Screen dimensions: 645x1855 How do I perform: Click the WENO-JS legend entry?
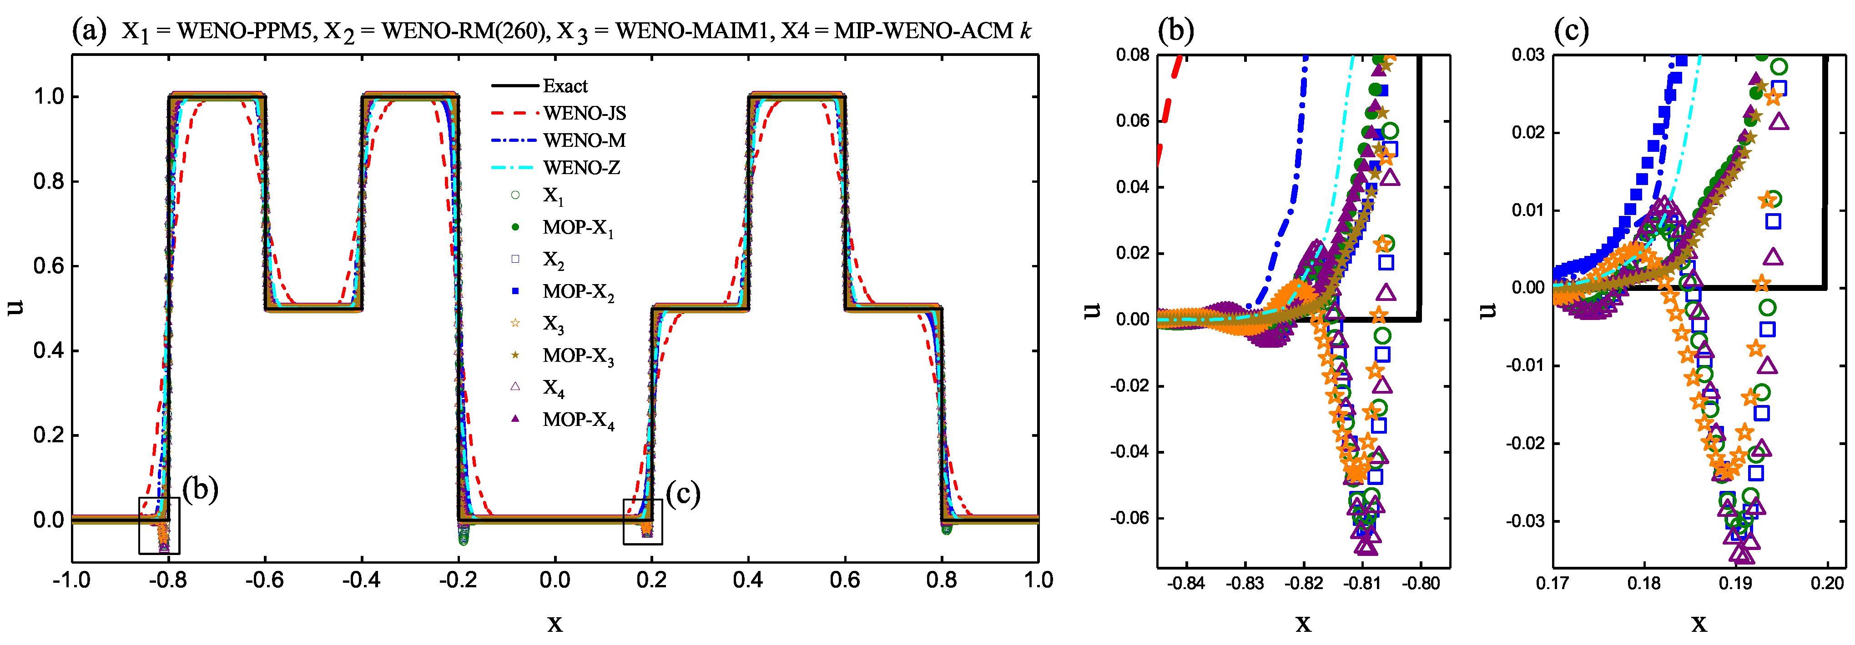(x=584, y=113)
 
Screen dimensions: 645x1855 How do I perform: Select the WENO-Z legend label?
(x=581, y=168)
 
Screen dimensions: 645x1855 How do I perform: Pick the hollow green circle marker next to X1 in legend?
(x=515, y=195)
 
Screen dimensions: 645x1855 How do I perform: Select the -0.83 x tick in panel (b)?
(x=1245, y=584)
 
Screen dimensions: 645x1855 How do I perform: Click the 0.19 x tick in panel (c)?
(x=1735, y=584)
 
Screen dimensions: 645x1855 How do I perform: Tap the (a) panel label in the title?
(x=89, y=30)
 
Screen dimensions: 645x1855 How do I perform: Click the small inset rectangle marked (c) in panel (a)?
(x=642, y=522)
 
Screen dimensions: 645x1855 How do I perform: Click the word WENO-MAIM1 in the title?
(x=691, y=31)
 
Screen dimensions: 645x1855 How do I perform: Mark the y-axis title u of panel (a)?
(x=15, y=307)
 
